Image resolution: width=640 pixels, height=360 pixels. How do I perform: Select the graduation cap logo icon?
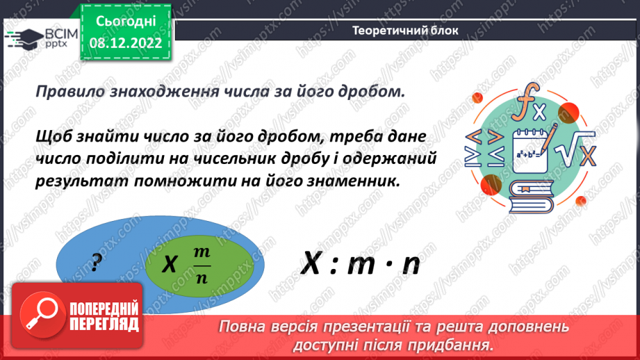coord(22,37)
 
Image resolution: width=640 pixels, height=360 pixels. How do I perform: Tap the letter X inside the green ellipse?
coord(170,265)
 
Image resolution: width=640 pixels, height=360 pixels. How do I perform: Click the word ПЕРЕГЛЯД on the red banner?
coord(104,324)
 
